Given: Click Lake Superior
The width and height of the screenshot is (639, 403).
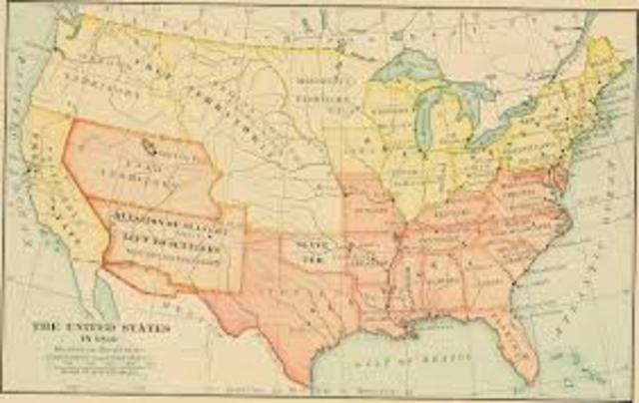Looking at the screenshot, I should point(410,67).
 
